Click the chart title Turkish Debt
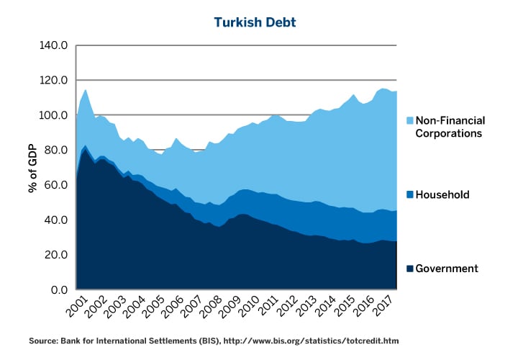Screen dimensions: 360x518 pyautogui.click(x=255, y=22)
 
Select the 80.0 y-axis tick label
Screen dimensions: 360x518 pyautogui.click(x=56, y=150)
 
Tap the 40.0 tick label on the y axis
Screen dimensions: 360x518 pyautogui.click(x=56, y=220)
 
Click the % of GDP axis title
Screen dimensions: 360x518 pyautogui.click(x=33, y=168)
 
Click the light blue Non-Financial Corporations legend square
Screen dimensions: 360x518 pyautogui.click(x=410, y=120)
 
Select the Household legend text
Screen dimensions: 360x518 pyautogui.click(x=443, y=194)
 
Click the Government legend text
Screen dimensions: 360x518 pyautogui.click(x=447, y=269)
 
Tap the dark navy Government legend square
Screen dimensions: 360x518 pyautogui.click(x=410, y=269)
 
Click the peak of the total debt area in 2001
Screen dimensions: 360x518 pyautogui.click(x=86, y=90)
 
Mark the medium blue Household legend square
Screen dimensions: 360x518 pyautogui.click(x=410, y=194)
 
